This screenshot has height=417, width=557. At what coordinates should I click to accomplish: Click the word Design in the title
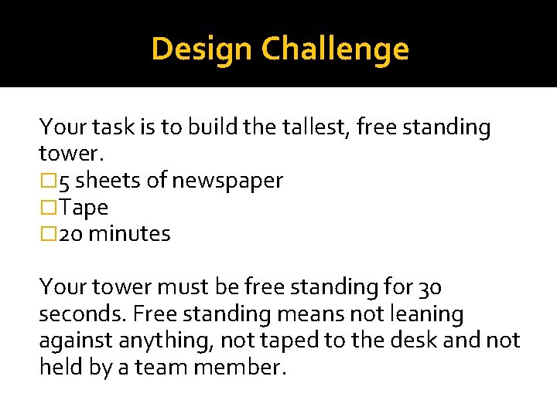(203, 49)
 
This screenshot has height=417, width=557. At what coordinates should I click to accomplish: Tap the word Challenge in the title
(335, 49)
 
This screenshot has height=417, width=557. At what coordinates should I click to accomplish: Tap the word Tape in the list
(84, 208)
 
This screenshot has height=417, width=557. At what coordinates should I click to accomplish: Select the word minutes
(129, 233)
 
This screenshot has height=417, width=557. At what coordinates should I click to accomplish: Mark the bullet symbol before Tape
(48, 208)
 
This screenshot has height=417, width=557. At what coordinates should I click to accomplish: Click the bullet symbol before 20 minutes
(48, 233)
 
